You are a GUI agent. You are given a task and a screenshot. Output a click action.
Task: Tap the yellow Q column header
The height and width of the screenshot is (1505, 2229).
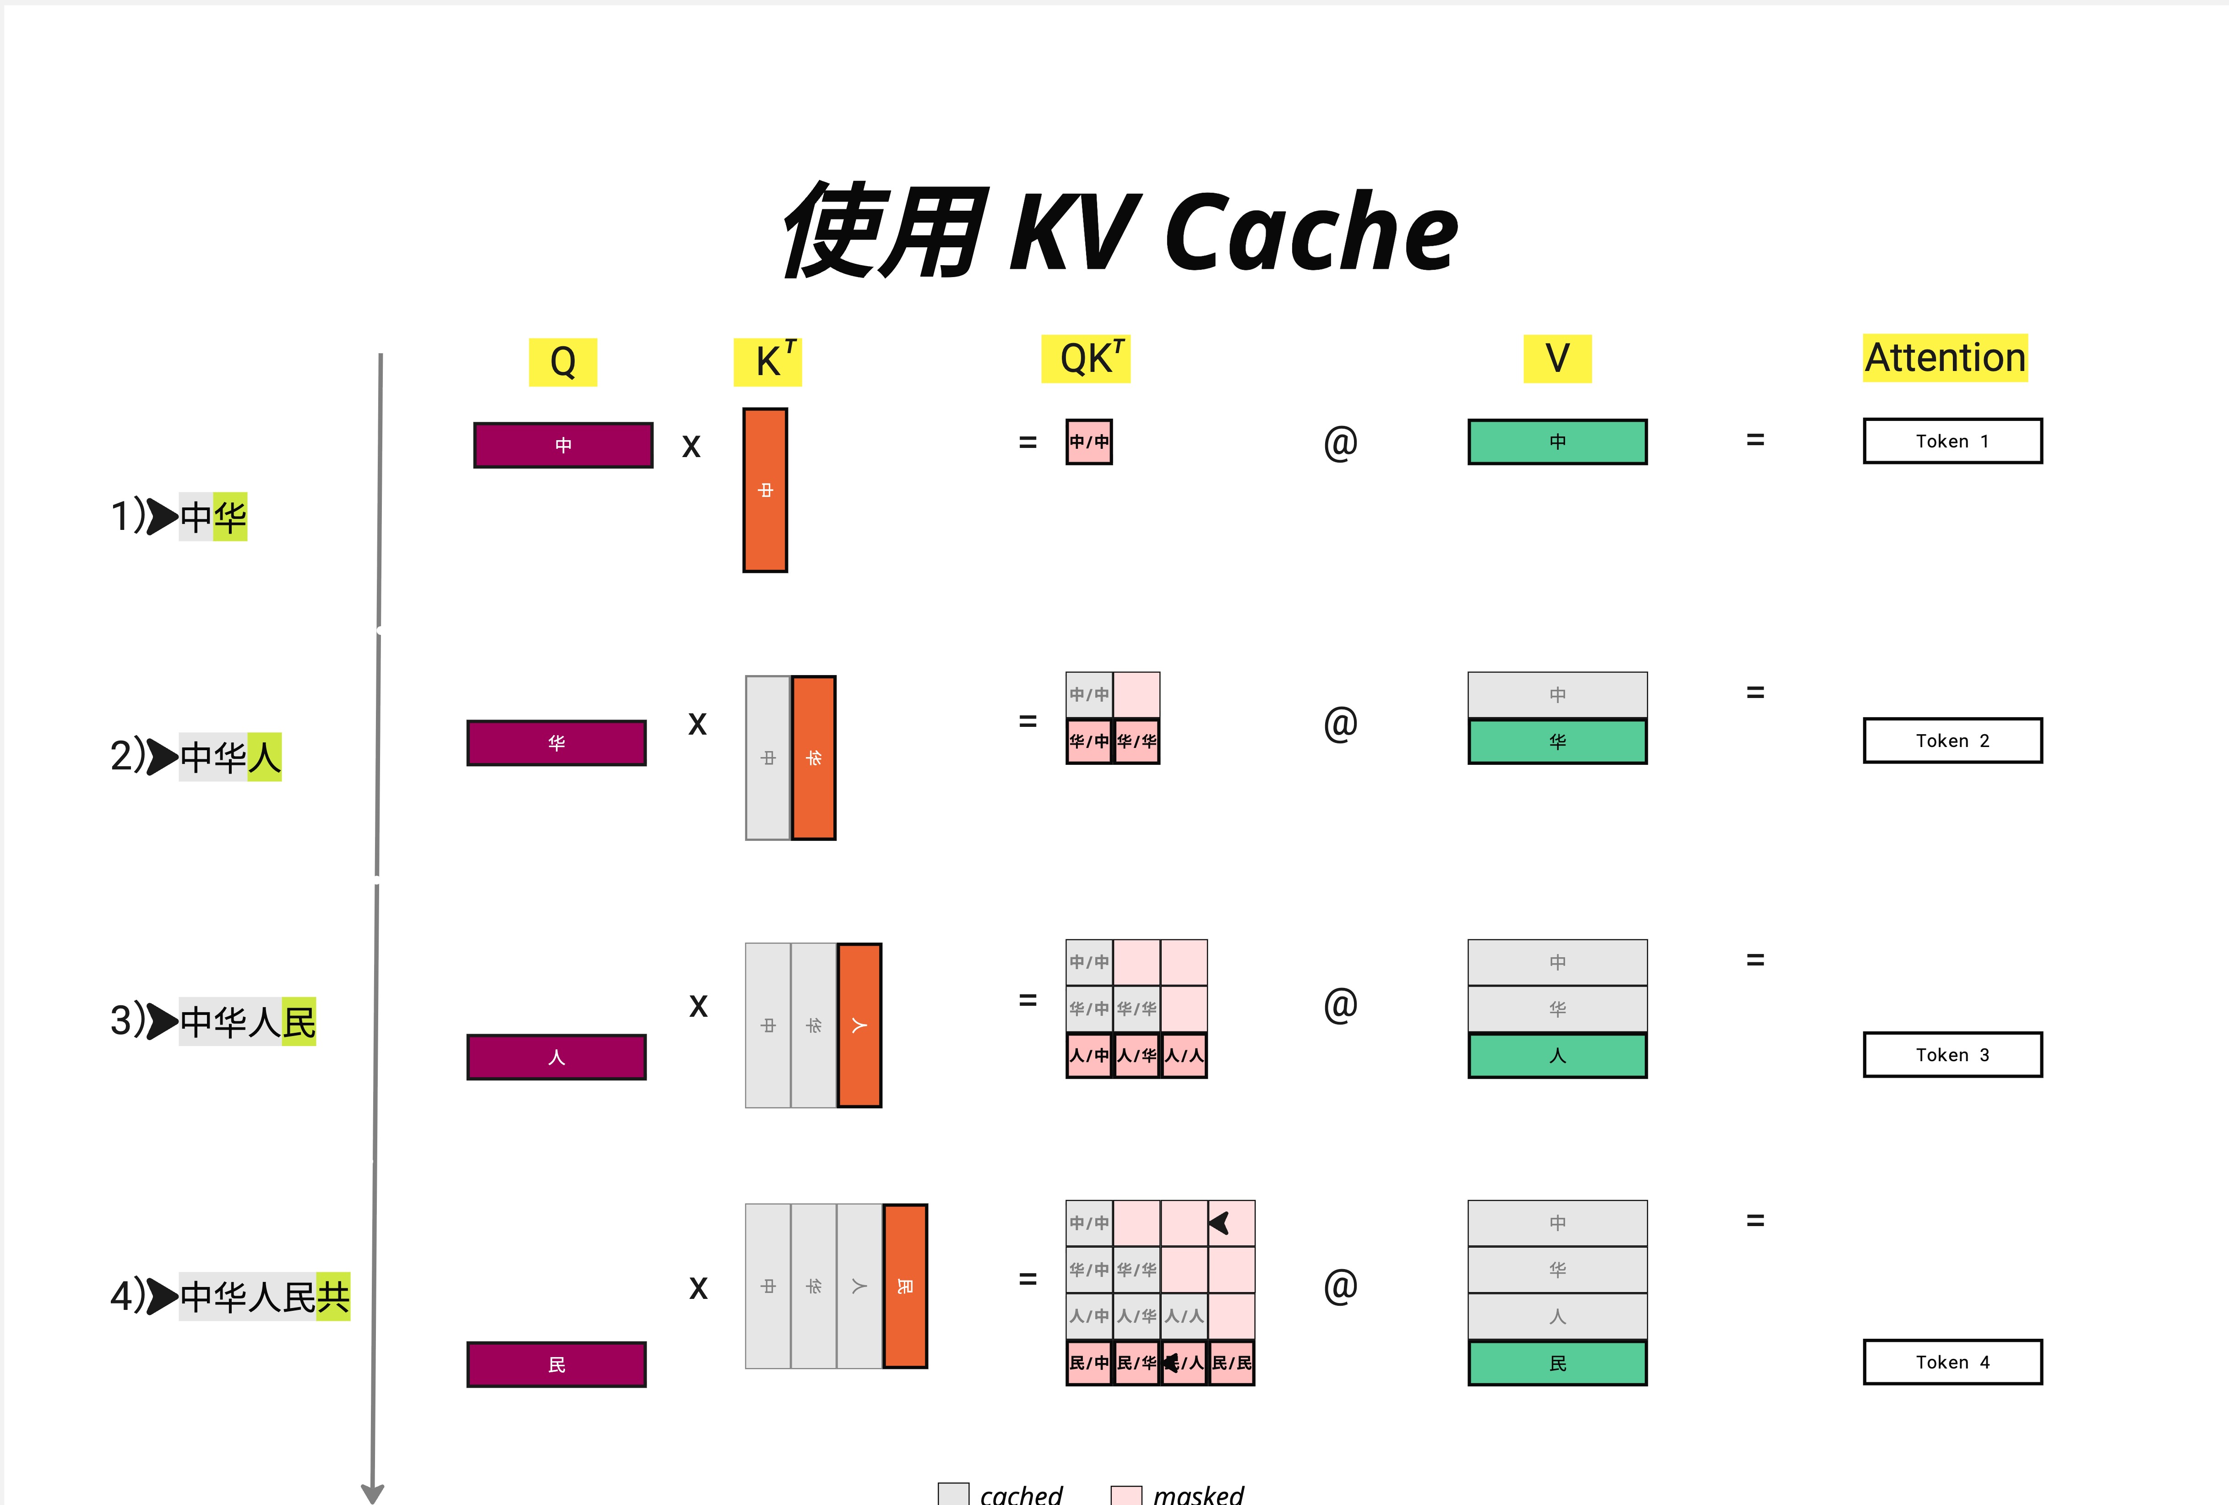[x=563, y=362]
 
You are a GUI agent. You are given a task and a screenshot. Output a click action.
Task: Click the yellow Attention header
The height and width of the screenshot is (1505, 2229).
[x=1945, y=358]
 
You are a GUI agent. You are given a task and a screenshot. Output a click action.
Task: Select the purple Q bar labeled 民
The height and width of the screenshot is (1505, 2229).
[x=556, y=1364]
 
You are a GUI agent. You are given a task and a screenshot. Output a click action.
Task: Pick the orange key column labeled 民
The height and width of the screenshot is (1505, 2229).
[x=904, y=1286]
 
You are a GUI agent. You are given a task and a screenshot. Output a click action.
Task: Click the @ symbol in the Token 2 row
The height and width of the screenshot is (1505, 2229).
[x=1340, y=723]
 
